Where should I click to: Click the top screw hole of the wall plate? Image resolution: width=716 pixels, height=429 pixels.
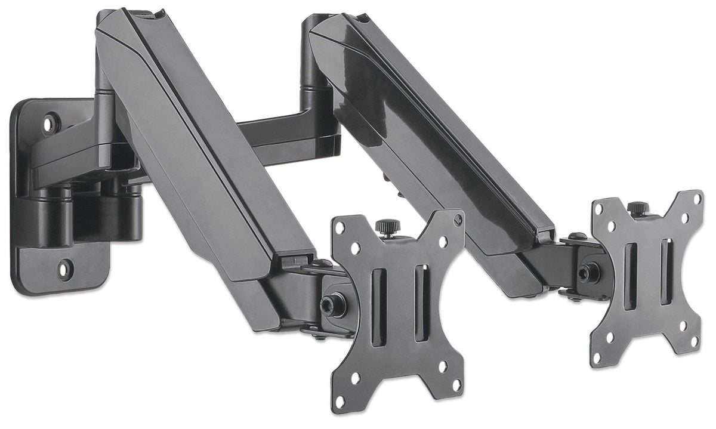tap(51, 123)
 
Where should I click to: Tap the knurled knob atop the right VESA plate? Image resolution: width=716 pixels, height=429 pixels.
tap(638, 208)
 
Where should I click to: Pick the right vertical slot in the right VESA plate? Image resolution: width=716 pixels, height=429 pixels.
tap(665, 271)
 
